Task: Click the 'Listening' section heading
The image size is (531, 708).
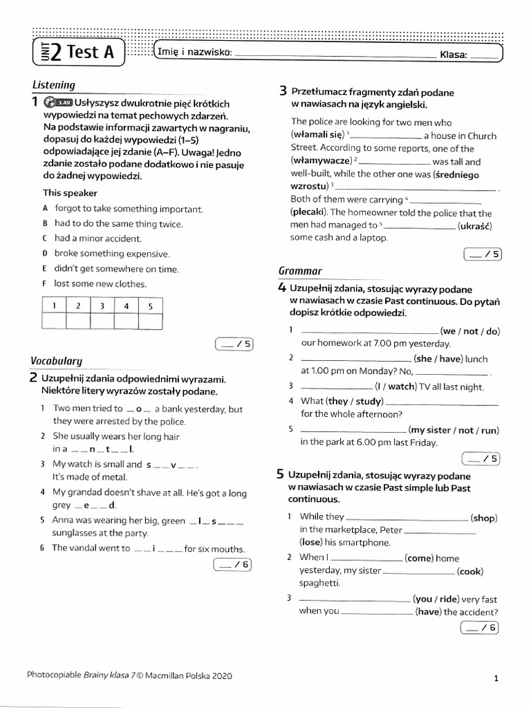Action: click(x=54, y=85)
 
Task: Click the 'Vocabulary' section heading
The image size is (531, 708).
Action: click(x=56, y=360)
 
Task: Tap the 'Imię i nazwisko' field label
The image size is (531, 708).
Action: click(x=195, y=53)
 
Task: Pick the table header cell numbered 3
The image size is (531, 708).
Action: click(x=102, y=305)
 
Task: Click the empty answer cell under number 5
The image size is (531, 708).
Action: click(x=150, y=321)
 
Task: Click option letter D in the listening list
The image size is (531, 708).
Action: click(x=45, y=254)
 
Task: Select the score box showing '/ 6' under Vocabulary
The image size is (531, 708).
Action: click(x=234, y=565)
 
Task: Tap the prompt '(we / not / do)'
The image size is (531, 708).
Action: click(x=470, y=331)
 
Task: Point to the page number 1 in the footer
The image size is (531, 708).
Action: click(x=496, y=678)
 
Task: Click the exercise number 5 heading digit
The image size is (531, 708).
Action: click(x=280, y=474)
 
